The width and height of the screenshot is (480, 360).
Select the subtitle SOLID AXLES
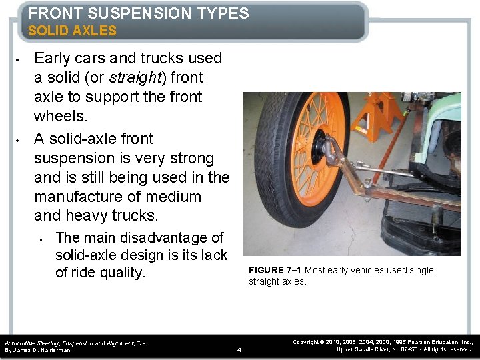72,31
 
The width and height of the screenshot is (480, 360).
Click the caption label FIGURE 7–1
275,270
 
